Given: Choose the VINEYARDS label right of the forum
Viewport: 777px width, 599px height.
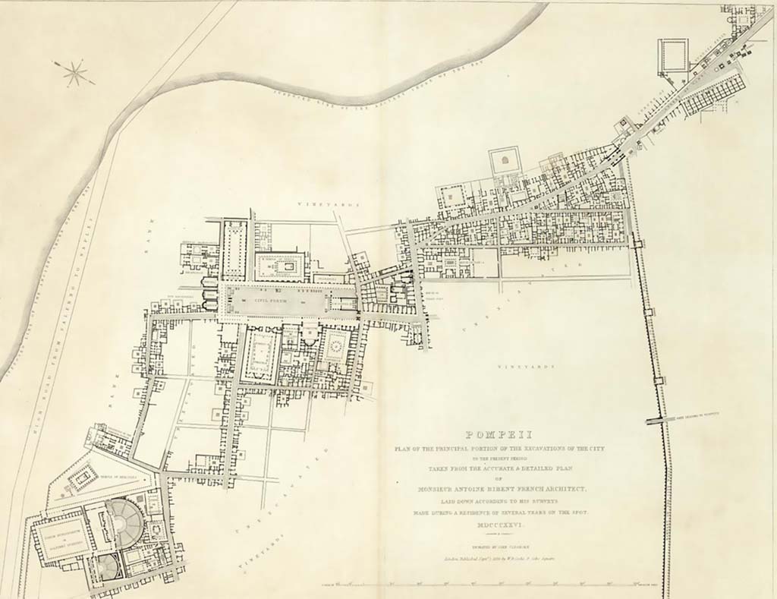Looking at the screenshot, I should click(523, 367).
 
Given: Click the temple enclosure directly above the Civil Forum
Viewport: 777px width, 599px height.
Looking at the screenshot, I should click(279, 266).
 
